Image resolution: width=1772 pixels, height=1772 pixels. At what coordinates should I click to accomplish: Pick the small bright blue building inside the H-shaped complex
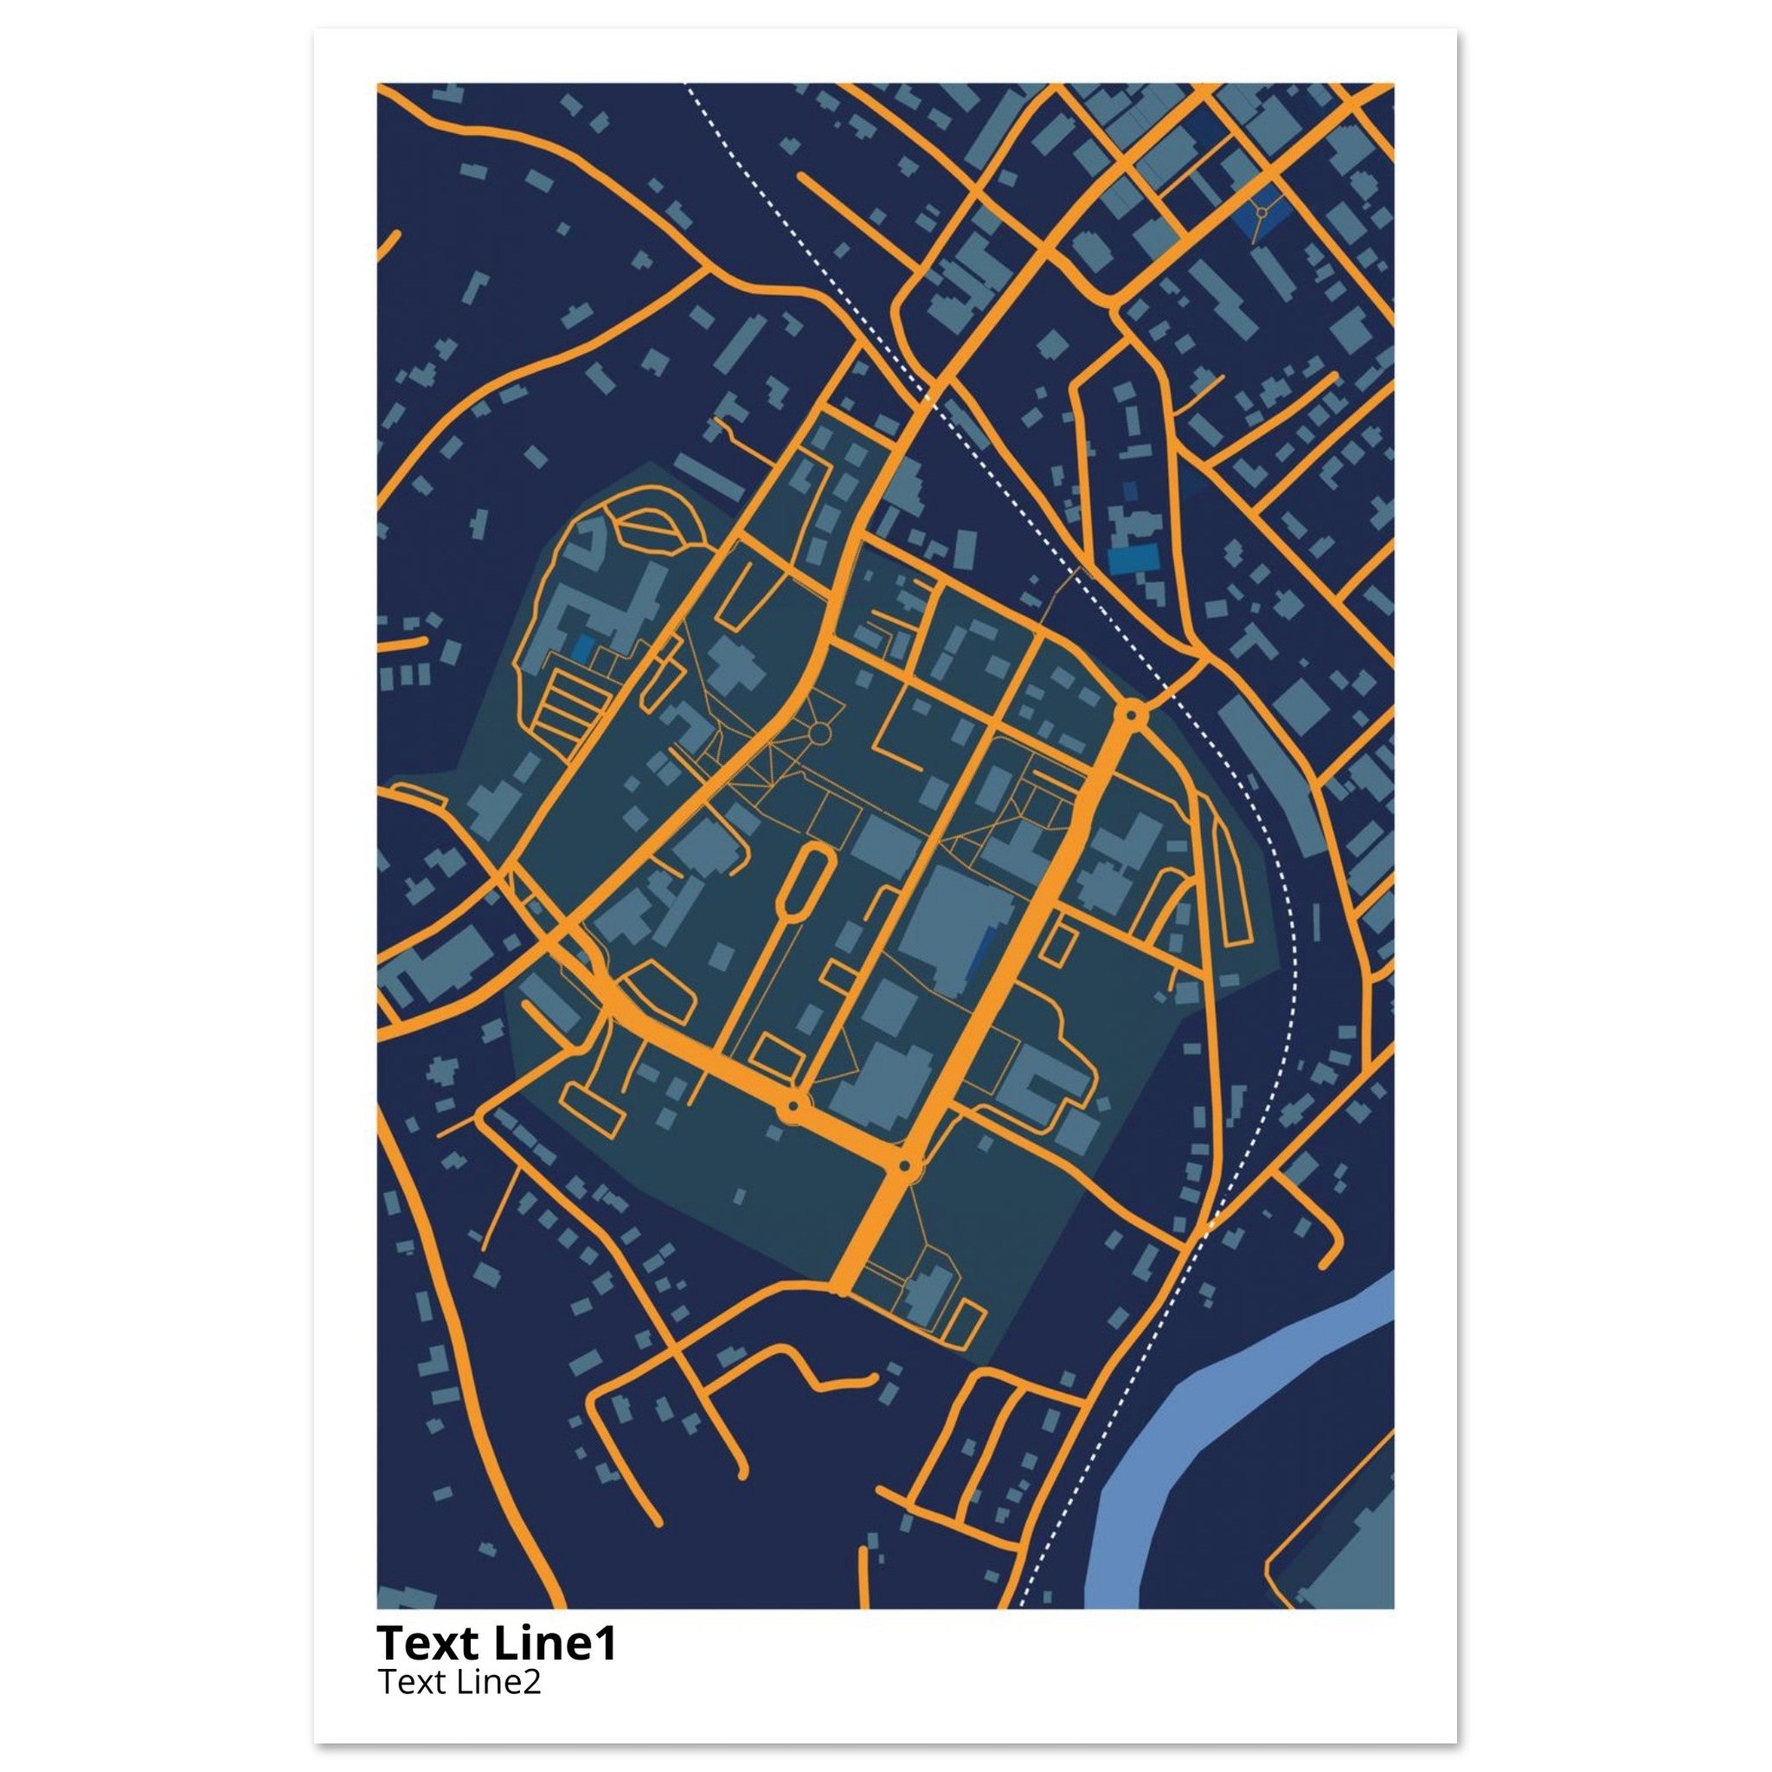pyautogui.click(x=581, y=646)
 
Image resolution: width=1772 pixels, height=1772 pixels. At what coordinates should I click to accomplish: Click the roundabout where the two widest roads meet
pyautogui.click(x=905, y=1165)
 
